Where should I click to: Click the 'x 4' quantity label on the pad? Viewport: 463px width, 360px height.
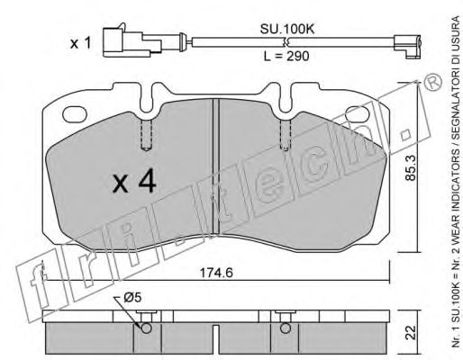(x=135, y=184)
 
